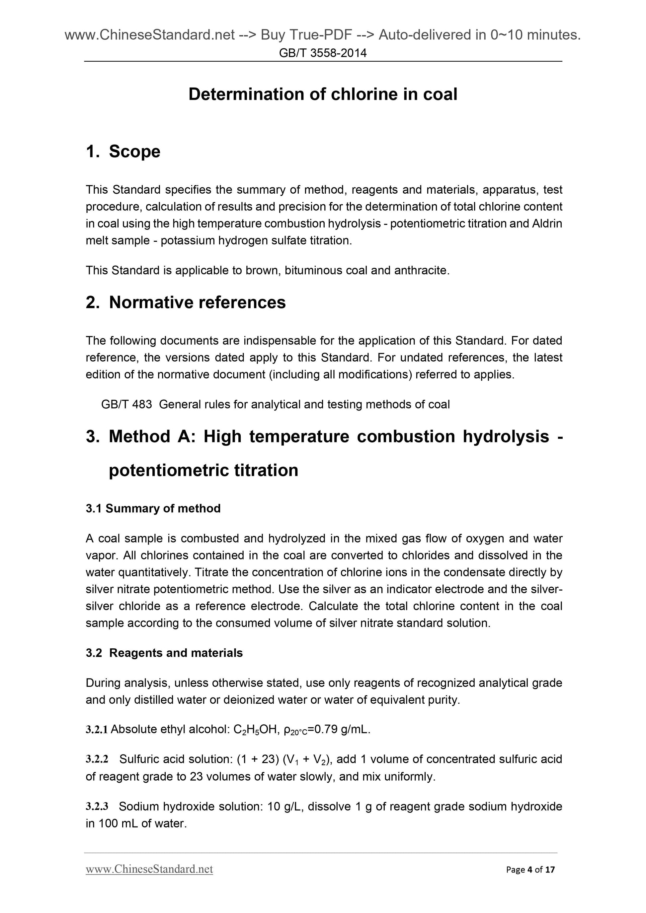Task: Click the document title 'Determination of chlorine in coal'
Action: point(322,95)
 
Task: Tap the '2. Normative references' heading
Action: point(186,302)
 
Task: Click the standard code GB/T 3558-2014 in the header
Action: point(322,53)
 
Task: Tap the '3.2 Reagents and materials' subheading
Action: point(164,653)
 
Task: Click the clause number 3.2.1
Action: point(97,729)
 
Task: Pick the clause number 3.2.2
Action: point(97,759)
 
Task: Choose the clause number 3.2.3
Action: point(97,807)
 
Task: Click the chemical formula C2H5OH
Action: point(252,730)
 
